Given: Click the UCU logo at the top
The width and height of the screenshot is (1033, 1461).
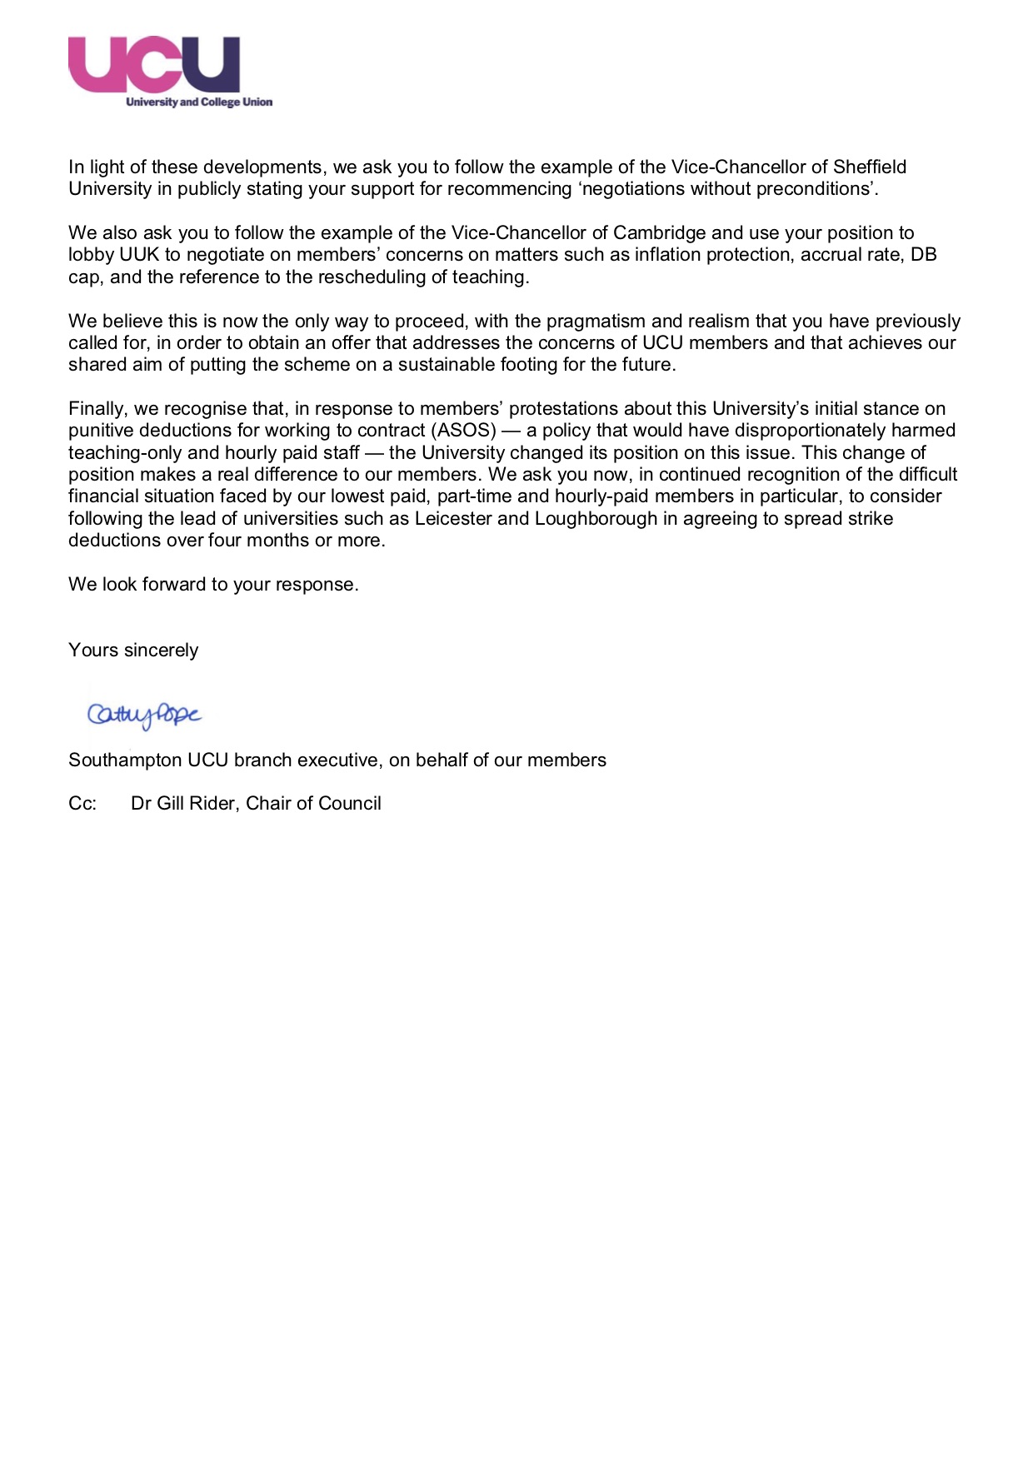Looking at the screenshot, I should tap(154, 64).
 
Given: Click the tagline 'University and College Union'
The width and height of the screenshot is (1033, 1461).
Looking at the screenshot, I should tap(199, 102).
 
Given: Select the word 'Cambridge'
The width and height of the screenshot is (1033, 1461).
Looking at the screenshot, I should tap(659, 232).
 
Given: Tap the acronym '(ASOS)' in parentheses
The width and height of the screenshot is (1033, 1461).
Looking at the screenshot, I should tap(463, 431).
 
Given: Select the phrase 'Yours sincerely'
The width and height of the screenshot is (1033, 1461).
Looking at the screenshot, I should tap(133, 650).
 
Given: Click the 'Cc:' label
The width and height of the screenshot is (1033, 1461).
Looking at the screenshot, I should tap(82, 804).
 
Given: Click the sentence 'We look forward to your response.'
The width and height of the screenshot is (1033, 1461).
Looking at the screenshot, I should tap(213, 584).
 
